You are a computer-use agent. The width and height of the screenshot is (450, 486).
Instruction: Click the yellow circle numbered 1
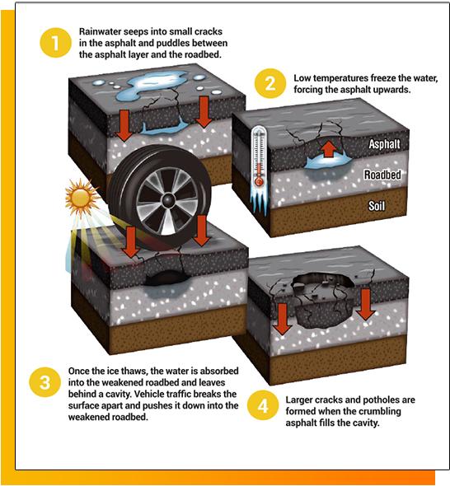(55, 43)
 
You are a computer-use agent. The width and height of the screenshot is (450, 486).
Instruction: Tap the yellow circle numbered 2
(270, 84)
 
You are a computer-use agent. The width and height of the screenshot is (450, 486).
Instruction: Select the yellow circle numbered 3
(45, 382)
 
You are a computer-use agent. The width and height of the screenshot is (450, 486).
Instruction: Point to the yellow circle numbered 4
(263, 405)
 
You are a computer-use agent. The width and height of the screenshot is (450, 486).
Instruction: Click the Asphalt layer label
(384, 144)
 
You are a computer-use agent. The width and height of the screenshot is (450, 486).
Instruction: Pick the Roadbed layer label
(382, 175)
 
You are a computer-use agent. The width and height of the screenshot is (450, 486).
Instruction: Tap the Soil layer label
(377, 206)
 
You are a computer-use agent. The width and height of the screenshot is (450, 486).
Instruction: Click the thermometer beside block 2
(260, 158)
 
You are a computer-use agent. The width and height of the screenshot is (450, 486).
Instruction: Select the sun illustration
(82, 197)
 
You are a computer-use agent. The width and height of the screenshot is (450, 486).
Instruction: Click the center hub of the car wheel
(168, 200)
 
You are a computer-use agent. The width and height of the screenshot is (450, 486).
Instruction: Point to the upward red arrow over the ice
(329, 149)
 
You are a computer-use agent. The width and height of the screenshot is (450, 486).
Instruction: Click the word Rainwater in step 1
(98, 31)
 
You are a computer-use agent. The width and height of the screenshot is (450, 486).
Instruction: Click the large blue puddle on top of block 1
(152, 84)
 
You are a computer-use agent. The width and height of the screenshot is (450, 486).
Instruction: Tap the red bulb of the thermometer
(259, 181)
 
